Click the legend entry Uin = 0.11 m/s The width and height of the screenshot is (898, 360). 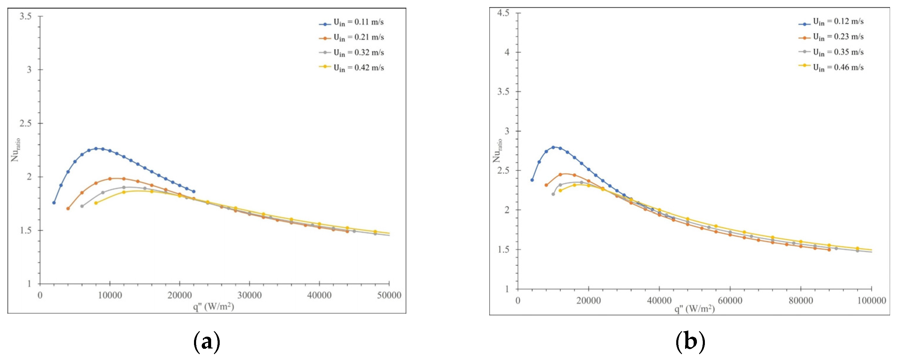pyautogui.click(x=358, y=22)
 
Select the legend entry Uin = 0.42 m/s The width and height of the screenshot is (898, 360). pyautogui.click(x=358, y=68)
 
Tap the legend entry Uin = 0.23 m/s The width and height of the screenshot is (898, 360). pyautogui.click(x=838, y=37)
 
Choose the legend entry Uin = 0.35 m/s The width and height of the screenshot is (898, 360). pyautogui.click(x=838, y=52)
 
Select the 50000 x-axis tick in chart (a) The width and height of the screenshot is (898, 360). pyautogui.click(x=389, y=295)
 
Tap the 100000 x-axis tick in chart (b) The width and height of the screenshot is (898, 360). pyautogui.click(x=871, y=300)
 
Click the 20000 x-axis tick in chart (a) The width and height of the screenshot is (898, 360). pyautogui.click(x=180, y=295)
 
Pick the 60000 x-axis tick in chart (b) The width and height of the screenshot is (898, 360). pyautogui.click(x=730, y=300)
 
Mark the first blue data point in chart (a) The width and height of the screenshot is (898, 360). pyautogui.click(x=54, y=203)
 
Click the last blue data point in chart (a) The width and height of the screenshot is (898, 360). pyautogui.click(x=194, y=191)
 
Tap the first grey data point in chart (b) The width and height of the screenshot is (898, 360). pyautogui.click(x=553, y=194)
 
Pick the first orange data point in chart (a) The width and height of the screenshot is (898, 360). pyautogui.click(x=68, y=208)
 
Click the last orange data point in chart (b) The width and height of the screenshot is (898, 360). pyautogui.click(x=829, y=250)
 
